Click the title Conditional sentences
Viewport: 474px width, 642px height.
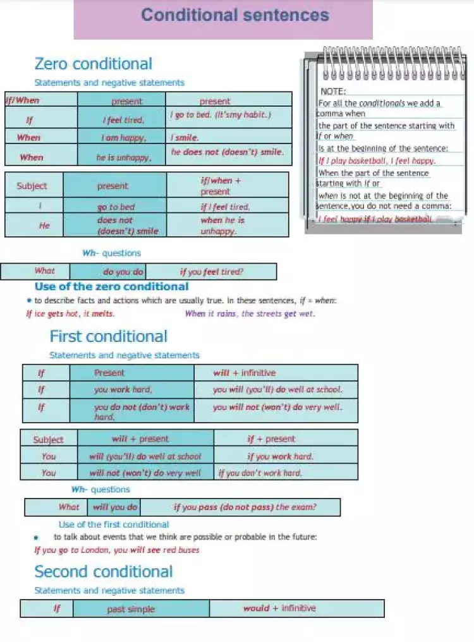pos(235,15)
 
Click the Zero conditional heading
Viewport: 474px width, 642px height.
pos(93,64)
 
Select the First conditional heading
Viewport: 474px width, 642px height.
pos(108,336)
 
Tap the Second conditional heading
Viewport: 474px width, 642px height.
pos(103,572)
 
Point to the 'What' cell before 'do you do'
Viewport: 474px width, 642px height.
pos(44,271)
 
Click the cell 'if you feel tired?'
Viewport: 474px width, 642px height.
pos(212,272)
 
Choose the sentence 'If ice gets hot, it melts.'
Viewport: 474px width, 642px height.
pos(70,313)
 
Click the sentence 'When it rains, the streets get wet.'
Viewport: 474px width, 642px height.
pos(250,313)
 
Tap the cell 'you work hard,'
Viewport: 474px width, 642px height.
pos(123,390)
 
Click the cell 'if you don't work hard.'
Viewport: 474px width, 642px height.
pos(260,473)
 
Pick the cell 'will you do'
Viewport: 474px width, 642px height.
pos(114,507)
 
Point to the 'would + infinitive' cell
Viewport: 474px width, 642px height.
pos(279,609)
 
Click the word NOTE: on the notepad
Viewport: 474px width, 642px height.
pos(333,92)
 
